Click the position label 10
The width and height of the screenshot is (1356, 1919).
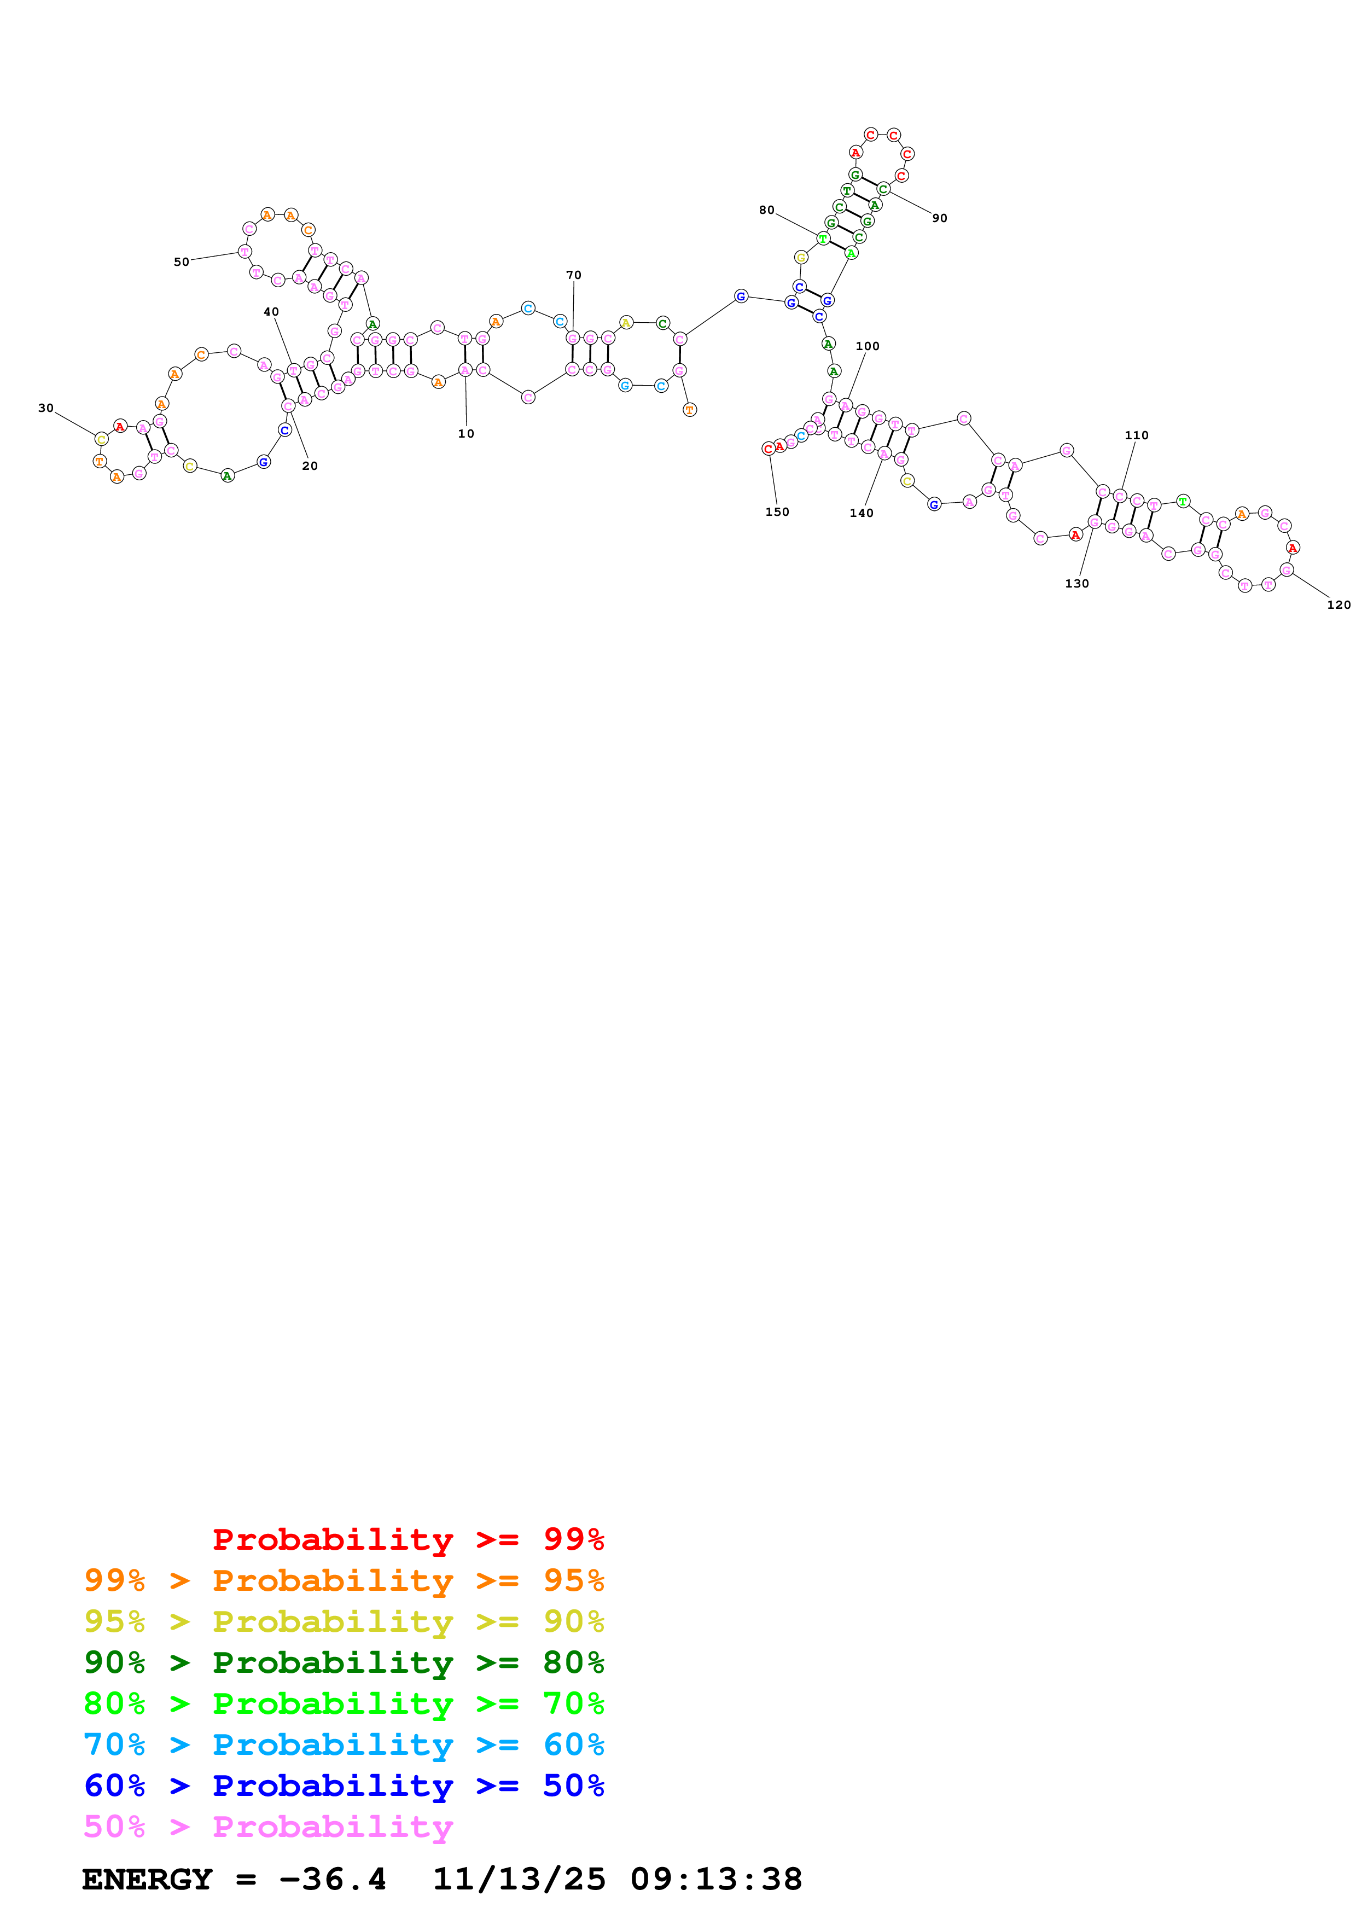pos(465,434)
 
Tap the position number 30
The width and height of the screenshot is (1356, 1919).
pos(46,408)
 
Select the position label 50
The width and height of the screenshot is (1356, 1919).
pos(181,261)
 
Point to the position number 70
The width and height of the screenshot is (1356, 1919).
pos(573,275)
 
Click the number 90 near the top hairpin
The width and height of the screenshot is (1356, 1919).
pos(939,218)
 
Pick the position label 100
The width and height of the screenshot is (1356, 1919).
pos(867,346)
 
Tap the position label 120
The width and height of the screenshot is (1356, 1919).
pos(1338,604)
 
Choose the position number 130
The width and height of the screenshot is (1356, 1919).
pos(1077,583)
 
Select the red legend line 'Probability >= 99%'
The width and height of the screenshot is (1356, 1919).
pos(408,1539)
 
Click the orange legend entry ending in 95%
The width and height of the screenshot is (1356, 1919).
pos(344,1580)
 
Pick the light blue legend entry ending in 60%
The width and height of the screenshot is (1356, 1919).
pos(344,1744)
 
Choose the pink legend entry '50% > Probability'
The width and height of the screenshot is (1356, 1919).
pos(268,1826)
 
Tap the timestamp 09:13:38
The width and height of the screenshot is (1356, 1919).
pos(716,1879)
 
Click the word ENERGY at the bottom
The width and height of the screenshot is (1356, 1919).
pos(147,1879)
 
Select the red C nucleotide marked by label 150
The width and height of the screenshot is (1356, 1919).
pos(768,449)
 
